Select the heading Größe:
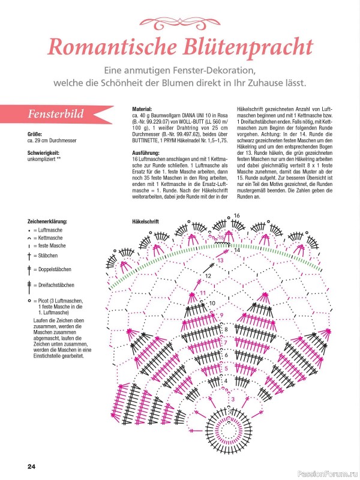pos(35,134)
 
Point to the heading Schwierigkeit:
pos(44,152)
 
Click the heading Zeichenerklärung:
pos(47,221)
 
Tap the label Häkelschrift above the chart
pos(145,221)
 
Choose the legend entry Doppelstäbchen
pos(55,269)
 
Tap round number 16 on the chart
pos(237,215)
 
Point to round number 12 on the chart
pos(208,275)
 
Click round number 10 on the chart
pos(212,303)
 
